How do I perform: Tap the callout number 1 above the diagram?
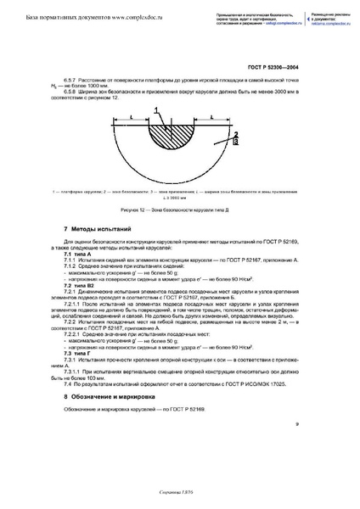pos(157,110)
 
